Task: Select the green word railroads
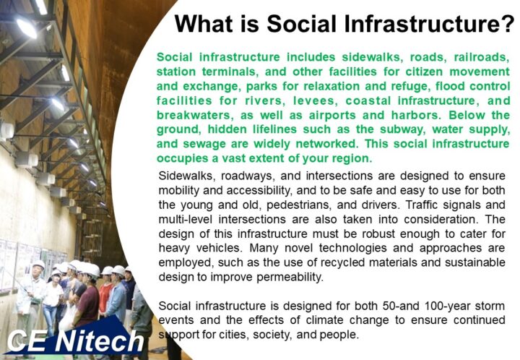point(482,57)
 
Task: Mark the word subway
point(402,129)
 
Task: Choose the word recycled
point(342,263)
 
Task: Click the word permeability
point(290,277)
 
